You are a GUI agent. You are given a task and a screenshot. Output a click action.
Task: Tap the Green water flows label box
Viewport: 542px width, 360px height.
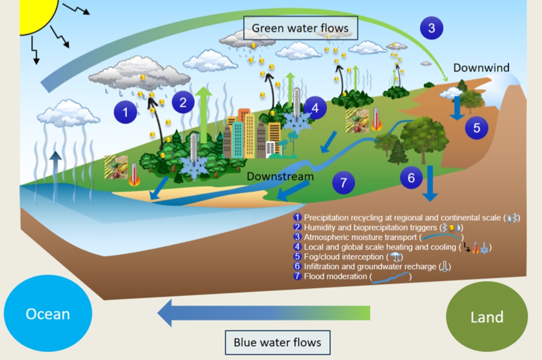click(301, 28)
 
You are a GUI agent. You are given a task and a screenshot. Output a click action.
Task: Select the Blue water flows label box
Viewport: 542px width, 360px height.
click(278, 342)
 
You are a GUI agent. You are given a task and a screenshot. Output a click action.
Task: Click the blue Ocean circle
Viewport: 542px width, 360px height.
click(48, 313)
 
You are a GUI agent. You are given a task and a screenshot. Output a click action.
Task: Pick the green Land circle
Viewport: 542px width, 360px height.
click(487, 316)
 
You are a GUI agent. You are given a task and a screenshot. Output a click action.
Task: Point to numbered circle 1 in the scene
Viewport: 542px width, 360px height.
click(125, 112)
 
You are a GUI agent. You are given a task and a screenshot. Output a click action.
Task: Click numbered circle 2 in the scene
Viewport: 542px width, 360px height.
click(183, 102)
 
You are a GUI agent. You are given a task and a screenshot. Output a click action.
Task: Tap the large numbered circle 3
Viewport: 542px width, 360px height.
click(432, 28)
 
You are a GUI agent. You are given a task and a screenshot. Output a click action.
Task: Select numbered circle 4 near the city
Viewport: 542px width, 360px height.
click(315, 108)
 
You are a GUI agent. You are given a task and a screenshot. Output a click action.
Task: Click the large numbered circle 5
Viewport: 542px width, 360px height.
click(476, 128)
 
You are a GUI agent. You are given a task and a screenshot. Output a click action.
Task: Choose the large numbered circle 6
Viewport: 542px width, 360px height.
click(411, 178)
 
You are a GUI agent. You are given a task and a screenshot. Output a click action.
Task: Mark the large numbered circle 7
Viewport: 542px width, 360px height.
click(343, 183)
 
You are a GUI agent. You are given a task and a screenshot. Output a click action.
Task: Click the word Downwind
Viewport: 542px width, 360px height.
click(481, 68)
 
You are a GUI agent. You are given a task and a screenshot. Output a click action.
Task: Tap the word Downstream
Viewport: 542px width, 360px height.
click(281, 176)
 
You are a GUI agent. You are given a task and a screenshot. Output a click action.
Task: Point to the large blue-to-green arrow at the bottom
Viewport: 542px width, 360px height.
click(264, 313)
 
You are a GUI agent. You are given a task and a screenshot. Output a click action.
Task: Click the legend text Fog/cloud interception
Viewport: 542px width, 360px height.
click(344, 257)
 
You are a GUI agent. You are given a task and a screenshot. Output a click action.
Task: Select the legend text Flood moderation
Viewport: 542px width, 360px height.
click(335, 276)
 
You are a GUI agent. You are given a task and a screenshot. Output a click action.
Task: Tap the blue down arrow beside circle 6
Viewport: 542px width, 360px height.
click(430, 183)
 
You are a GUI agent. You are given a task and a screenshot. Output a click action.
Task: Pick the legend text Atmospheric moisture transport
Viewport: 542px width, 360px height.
click(360, 237)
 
